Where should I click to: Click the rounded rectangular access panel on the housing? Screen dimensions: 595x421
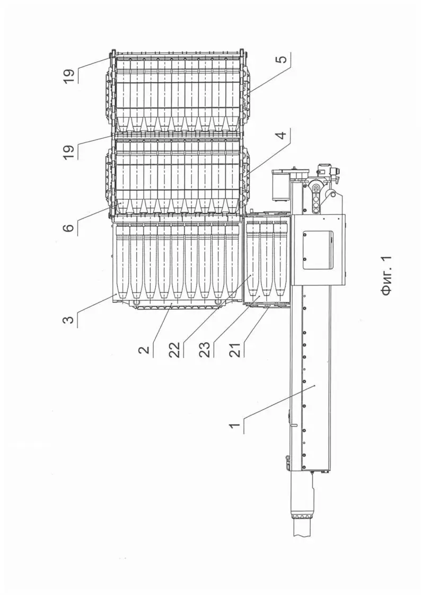pyautogui.click(x=317, y=250)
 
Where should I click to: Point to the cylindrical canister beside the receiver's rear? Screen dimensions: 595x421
pyautogui.click(x=279, y=188)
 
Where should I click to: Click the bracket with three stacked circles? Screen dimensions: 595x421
pyautogui.click(x=317, y=199)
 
